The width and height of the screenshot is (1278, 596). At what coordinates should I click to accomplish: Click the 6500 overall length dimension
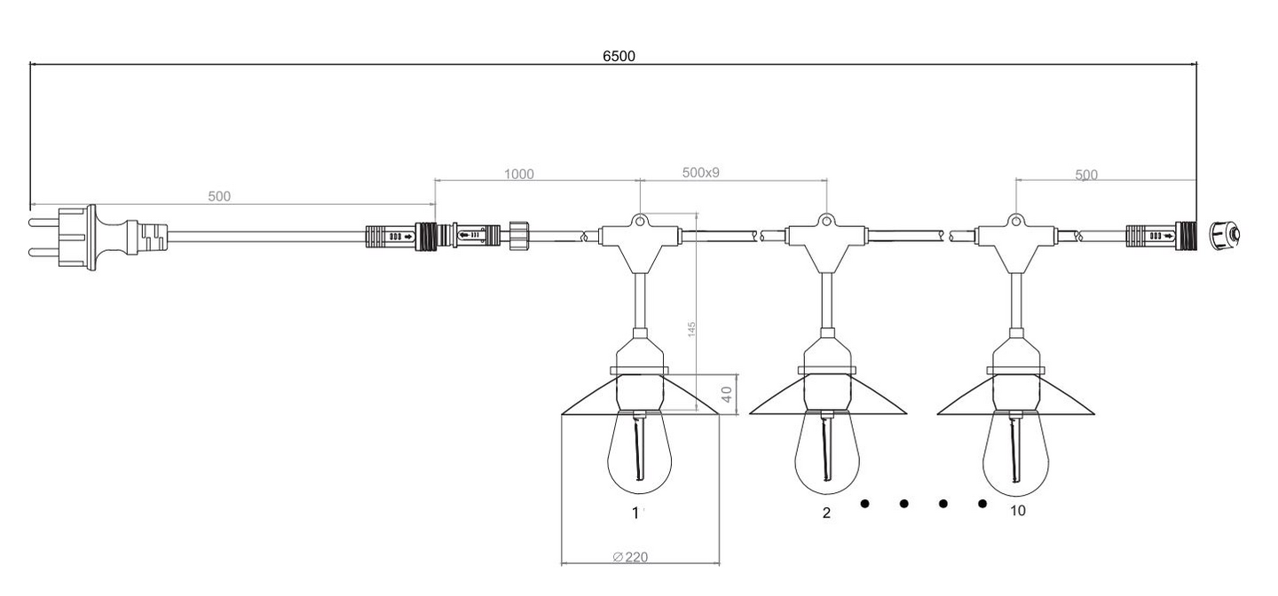(x=619, y=56)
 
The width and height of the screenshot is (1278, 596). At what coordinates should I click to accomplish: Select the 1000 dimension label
(x=518, y=174)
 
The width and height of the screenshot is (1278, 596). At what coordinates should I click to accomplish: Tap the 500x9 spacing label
(x=700, y=172)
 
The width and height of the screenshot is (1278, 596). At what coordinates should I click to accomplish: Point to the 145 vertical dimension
(x=691, y=329)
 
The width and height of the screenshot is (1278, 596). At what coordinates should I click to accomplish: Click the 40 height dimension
(x=727, y=394)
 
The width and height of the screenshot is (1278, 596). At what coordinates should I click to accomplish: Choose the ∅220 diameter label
(x=630, y=557)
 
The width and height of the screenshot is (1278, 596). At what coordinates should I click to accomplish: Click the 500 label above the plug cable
(x=219, y=196)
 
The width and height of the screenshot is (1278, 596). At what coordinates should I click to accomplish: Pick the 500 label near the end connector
(x=1086, y=175)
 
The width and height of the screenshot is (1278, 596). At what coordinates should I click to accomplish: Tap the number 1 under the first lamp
(x=635, y=514)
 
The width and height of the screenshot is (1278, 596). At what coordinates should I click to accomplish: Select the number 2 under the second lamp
(x=826, y=513)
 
